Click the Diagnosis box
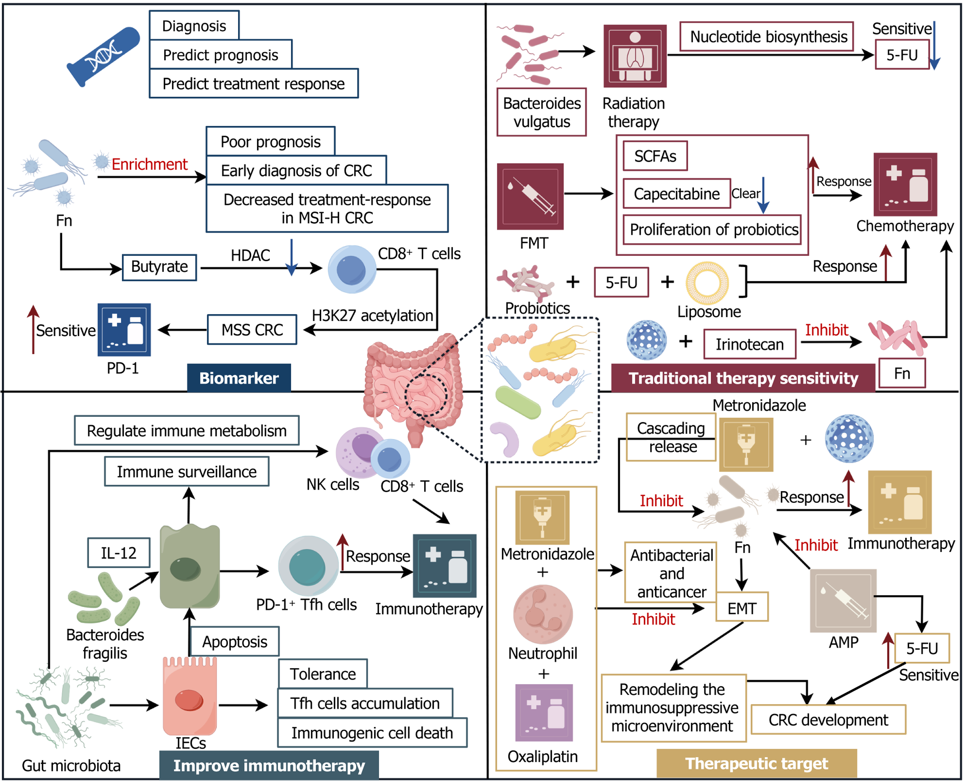point(194,26)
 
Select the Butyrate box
point(159,267)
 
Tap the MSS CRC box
point(252,330)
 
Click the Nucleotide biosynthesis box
point(768,36)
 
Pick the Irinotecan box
point(750,344)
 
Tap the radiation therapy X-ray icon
point(635,56)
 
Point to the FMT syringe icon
point(530,197)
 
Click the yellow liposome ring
point(707,283)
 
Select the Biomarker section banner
point(239,378)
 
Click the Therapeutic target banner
point(757,763)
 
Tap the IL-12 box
point(118,553)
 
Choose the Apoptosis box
point(234,641)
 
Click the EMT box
point(742,608)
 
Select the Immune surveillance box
point(187,471)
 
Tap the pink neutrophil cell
point(543,615)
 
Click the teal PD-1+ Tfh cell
point(308,566)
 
